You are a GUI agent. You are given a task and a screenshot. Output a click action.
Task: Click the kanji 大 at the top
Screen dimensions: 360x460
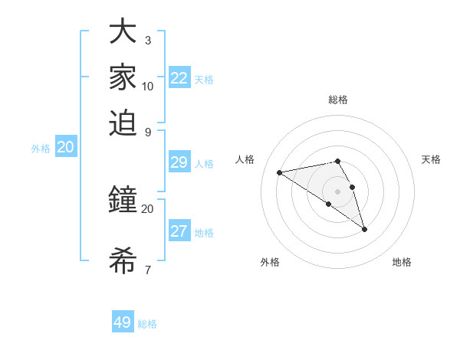(x=123, y=32)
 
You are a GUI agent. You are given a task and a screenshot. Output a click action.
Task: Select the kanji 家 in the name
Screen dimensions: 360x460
(x=123, y=77)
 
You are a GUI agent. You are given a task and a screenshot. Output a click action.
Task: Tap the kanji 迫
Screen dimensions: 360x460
(x=123, y=122)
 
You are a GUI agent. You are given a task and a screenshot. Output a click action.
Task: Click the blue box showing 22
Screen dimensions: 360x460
(x=179, y=78)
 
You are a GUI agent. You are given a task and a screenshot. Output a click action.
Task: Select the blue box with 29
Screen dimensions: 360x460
(x=179, y=162)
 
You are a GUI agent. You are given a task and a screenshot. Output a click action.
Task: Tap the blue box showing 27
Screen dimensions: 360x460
(x=179, y=231)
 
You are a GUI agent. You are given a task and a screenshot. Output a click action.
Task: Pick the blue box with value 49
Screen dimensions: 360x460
(x=123, y=322)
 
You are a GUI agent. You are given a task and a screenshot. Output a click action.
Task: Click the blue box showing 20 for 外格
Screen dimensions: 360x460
(x=65, y=148)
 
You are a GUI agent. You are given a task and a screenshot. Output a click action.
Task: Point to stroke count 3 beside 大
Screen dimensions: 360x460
(x=147, y=40)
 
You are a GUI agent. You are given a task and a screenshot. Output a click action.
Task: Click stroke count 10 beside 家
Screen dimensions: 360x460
(x=147, y=86)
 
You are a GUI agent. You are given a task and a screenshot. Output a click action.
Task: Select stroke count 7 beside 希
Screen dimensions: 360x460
(x=147, y=270)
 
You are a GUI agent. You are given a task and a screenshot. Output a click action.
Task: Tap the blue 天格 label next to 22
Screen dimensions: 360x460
(x=204, y=80)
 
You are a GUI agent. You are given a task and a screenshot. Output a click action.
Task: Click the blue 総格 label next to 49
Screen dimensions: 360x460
(x=147, y=324)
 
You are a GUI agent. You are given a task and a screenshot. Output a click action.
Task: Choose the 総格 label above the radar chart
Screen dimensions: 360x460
(x=338, y=100)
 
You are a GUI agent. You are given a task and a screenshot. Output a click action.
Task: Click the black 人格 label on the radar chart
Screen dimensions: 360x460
(x=245, y=159)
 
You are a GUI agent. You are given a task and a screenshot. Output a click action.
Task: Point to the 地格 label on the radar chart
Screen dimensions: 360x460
(x=402, y=262)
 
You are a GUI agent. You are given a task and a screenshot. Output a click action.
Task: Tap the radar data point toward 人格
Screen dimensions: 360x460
(x=280, y=172)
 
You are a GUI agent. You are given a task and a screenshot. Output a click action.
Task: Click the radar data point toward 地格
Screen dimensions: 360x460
(x=364, y=229)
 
